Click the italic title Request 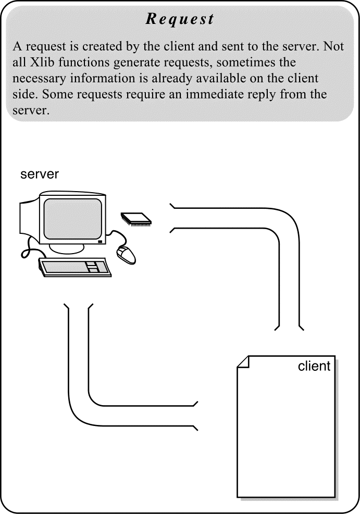coord(180,19)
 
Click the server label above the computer coord(40,174)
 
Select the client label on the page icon coord(314,366)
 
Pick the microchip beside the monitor coord(136,218)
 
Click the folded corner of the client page coord(243,361)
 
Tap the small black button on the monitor coord(100,242)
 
